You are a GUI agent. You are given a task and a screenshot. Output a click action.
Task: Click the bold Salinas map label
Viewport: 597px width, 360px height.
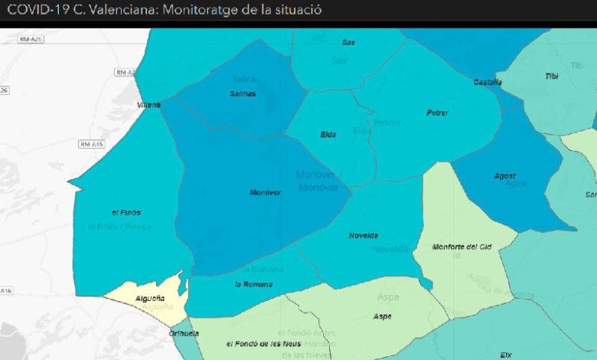click(243, 93)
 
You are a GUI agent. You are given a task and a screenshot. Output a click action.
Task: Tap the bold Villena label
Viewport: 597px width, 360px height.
click(149, 105)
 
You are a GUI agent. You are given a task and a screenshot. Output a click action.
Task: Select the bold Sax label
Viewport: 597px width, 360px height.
click(348, 42)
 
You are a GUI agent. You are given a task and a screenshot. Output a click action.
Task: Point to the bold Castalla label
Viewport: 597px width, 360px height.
click(488, 82)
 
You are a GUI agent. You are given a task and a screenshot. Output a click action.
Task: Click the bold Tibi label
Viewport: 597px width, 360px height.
click(551, 76)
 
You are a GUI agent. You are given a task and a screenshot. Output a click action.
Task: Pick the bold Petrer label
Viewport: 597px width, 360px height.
click(437, 113)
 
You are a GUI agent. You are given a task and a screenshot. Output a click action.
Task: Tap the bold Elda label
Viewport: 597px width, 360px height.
click(329, 135)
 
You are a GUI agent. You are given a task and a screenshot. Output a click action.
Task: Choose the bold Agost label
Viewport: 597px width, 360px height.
click(504, 176)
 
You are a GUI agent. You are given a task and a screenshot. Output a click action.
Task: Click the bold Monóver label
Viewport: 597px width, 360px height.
click(266, 192)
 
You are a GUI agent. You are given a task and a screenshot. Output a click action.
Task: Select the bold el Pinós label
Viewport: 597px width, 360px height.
click(126, 212)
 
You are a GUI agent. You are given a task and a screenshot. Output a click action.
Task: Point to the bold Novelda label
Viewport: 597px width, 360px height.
click(363, 236)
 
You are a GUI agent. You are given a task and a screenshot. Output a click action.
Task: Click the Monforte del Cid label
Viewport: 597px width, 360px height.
click(461, 247)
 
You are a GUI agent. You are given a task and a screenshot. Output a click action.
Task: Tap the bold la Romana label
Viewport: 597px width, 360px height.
click(253, 285)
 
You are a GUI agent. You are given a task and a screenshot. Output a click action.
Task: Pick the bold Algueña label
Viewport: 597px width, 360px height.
click(150, 298)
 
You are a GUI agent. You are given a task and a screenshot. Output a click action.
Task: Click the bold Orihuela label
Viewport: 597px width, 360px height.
click(184, 333)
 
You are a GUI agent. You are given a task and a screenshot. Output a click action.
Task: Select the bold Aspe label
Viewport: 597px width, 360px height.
click(382, 316)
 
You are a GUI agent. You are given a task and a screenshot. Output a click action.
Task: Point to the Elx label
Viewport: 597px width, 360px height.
click(506, 355)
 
